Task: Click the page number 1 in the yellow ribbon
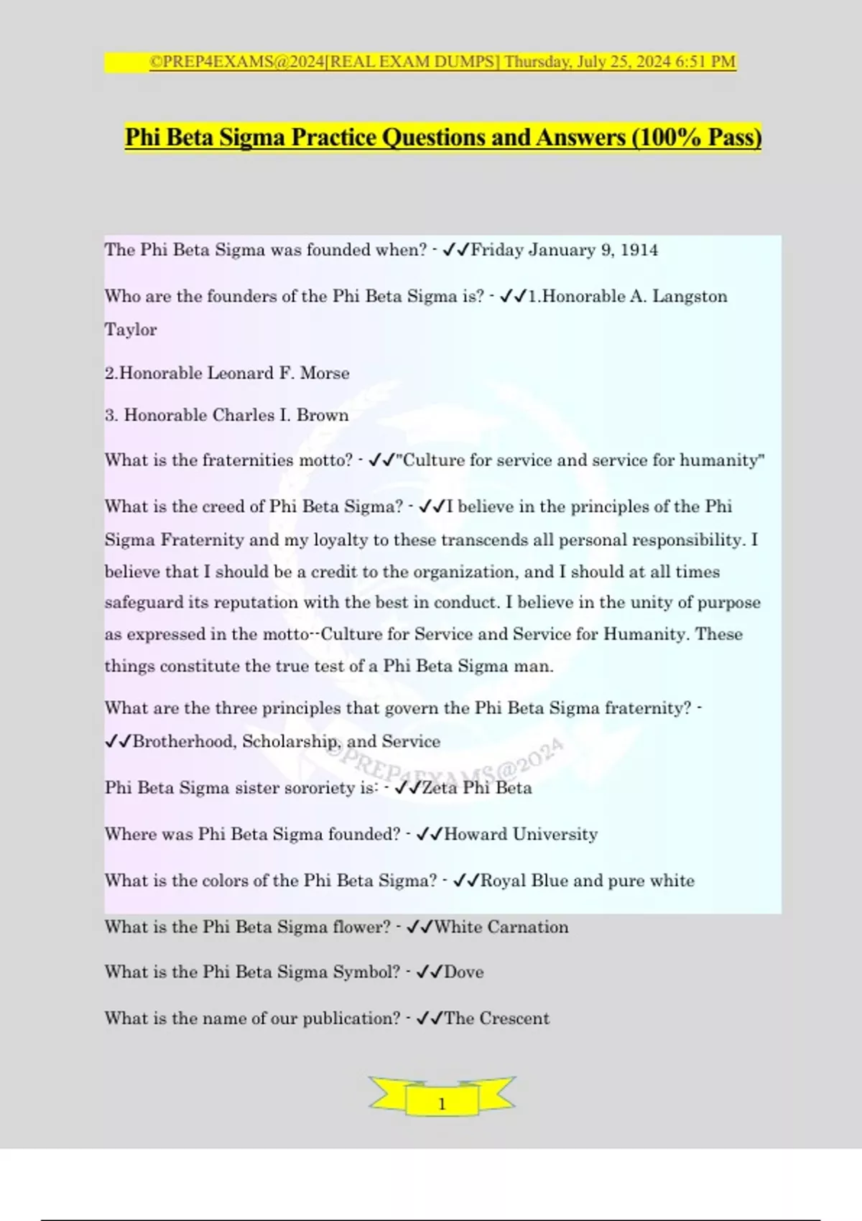coord(442,1104)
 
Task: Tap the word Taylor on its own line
coord(131,330)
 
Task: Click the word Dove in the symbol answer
coord(464,972)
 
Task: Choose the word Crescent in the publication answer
coord(514,1018)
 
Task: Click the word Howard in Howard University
coord(476,835)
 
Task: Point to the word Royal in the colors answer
coord(504,881)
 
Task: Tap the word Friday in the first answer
coord(497,250)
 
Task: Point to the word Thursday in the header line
coord(536,62)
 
